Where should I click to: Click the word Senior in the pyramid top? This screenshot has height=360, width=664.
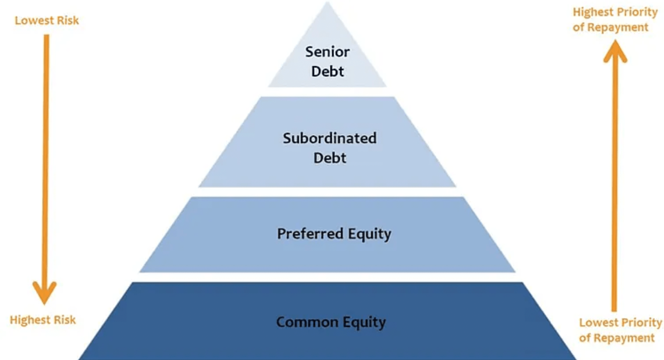point(327,52)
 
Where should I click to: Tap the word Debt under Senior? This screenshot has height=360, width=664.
point(328,71)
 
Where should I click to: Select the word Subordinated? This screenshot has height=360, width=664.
point(330,138)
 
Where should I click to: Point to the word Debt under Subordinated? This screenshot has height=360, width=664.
point(330,158)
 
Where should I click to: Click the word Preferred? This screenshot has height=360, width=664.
point(310,234)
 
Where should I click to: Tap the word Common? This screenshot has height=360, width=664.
point(307,322)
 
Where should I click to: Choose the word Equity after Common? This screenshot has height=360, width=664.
point(364,322)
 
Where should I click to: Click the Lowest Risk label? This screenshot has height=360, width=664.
point(47,20)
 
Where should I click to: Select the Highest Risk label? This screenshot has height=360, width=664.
point(43,320)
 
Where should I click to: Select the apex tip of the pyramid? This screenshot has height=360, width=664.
point(327,3)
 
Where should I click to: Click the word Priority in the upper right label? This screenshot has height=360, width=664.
point(637,12)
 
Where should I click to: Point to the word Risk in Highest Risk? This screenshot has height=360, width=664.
point(65,320)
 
